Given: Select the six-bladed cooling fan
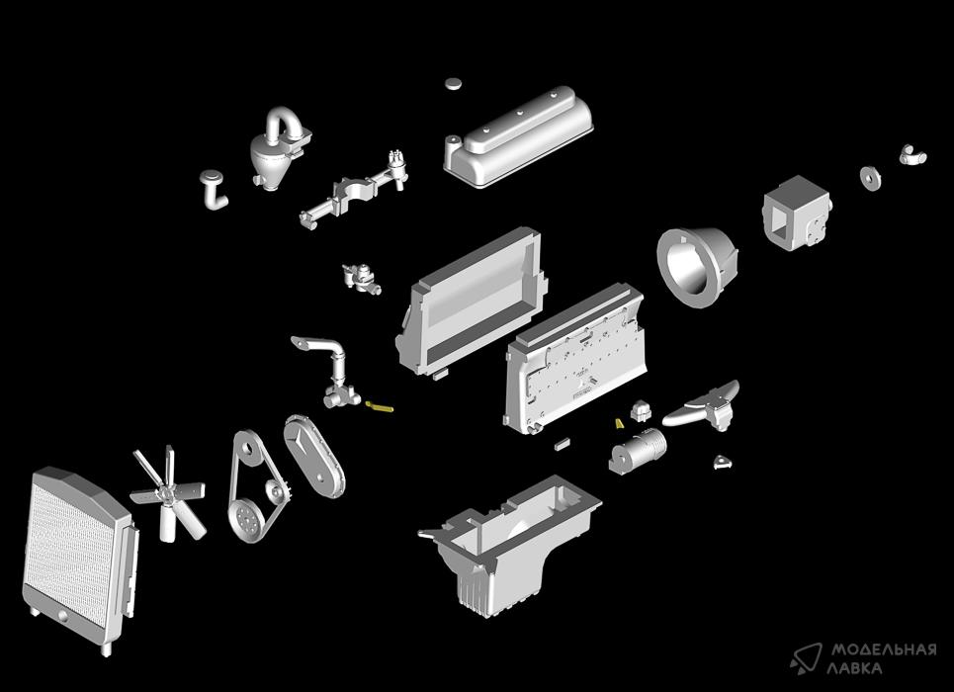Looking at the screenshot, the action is (x=168, y=493).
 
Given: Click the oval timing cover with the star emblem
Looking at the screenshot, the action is (x=313, y=456).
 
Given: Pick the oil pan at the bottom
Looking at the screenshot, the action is (x=511, y=542).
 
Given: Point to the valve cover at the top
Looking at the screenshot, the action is (x=518, y=136).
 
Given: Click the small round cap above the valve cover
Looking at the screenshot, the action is (x=454, y=83).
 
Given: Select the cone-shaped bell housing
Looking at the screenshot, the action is (x=697, y=267).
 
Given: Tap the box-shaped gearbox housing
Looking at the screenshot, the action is (x=797, y=213).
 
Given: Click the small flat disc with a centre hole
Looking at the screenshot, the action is (x=871, y=177).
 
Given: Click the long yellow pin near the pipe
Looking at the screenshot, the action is (x=379, y=406).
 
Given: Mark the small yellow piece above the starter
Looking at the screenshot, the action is (x=620, y=423).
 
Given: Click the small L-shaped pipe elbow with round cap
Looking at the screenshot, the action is (x=214, y=190).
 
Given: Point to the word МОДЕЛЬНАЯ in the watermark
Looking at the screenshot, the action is (x=884, y=649).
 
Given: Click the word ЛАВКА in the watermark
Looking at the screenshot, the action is (x=854, y=667).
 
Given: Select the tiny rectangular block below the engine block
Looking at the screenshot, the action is (x=562, y=443).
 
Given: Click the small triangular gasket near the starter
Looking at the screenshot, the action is (x=723, y=462).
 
